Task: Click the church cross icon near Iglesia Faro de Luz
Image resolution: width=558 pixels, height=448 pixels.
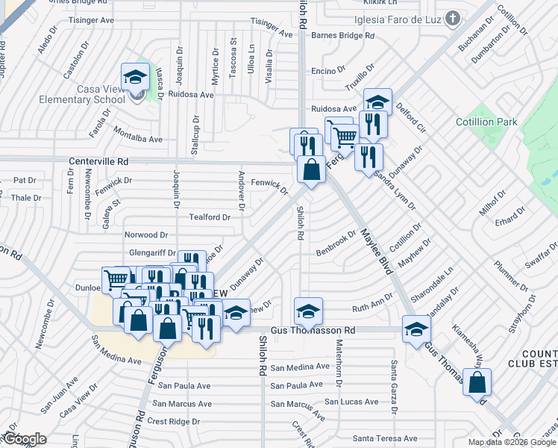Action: click(x=452, y=18)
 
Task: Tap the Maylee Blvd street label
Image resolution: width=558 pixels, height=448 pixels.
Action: click(x=377, y=251)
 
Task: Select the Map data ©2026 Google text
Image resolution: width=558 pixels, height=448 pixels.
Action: click(x=511, y=442)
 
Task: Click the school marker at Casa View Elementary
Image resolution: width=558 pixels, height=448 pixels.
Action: click(x=136, y=78)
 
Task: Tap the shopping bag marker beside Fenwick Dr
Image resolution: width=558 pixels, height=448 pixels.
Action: click(x=311, y=169)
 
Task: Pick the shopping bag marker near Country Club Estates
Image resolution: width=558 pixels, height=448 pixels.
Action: click(x=477, y=382)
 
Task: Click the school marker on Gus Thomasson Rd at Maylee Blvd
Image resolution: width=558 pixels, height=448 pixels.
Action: click(x=416, y=329)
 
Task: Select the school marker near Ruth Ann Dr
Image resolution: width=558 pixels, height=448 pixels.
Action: click(x=308, y=311)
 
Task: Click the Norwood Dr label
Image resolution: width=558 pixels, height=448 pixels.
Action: click(x=140, y=235)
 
